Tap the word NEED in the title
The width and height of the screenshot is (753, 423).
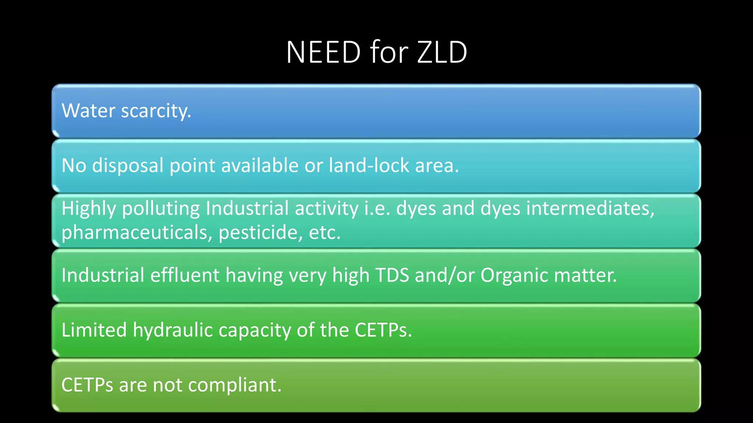(324, 52)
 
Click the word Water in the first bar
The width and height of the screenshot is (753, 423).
(88, 111)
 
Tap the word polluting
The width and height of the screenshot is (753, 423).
(161, 209)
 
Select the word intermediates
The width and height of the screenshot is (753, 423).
(590, 208)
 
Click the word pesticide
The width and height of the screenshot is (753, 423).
(261, 232)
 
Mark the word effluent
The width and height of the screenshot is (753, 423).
(185, 275)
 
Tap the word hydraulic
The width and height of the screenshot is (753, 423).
(173, 330)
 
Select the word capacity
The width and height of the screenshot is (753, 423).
(255, 330)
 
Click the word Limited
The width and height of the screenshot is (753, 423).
(94, 330)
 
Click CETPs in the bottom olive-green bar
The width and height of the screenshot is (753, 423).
(87, 385)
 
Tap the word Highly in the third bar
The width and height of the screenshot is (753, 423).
(89, 209)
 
